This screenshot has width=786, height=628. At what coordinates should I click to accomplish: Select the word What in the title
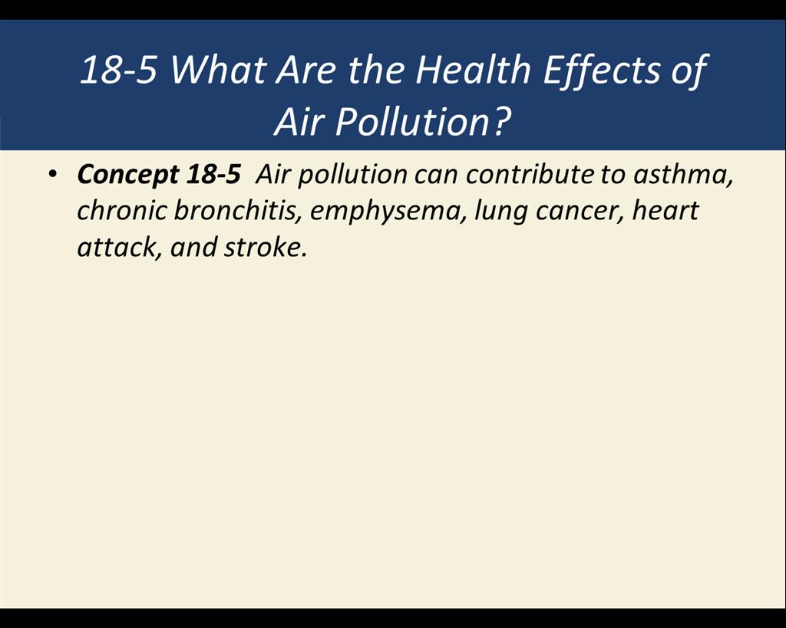point(217,69)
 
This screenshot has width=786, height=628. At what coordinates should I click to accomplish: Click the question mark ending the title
point(501,122)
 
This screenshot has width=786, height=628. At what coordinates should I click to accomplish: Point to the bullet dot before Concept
point(52,174)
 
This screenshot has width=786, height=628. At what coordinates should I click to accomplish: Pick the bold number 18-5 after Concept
point(213,174)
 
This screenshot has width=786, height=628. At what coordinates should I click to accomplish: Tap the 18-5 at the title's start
point(117,70)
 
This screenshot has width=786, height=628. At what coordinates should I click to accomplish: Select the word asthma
point(682,174)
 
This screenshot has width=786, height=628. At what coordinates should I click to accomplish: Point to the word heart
point(665,210)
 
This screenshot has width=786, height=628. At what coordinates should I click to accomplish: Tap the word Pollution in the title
point(411,122)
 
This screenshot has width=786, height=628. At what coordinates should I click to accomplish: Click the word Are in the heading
point(305,70)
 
